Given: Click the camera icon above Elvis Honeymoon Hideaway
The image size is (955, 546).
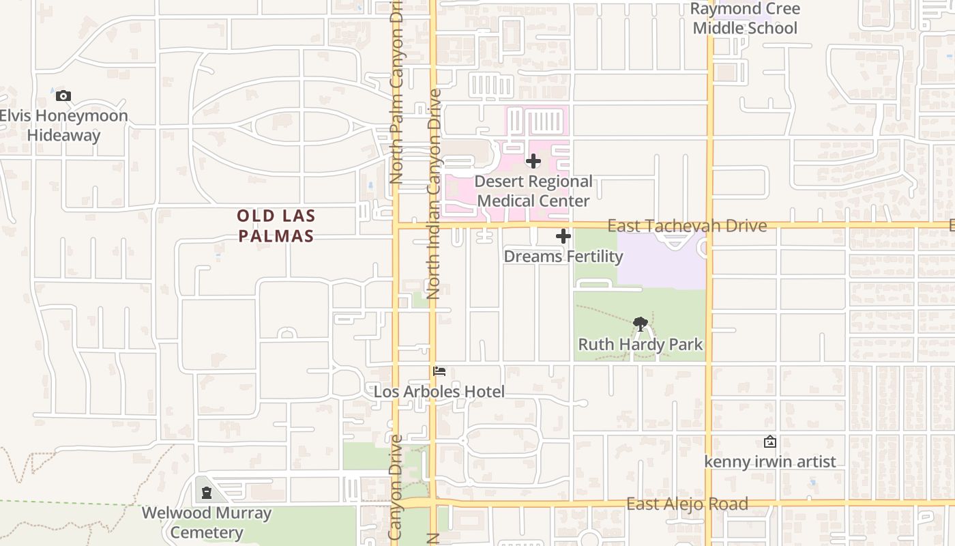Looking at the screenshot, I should coord(63,96).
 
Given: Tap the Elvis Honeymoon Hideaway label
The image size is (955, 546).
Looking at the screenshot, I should coord(63,126).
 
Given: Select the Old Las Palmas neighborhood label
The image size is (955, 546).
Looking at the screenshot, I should coord(276,226).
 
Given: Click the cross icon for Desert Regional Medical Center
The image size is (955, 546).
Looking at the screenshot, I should coord(533,162).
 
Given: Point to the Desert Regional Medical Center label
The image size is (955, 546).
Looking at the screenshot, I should coord(533,191).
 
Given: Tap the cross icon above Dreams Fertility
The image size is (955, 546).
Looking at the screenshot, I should coord(563,237).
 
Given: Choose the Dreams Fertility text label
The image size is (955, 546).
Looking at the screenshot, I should coord(563,257).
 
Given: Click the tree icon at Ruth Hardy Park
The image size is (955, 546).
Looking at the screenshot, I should coord(640,324).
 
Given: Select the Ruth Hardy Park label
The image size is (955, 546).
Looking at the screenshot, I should coord(640,345).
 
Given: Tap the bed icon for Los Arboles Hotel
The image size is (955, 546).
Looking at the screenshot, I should coord(439,371).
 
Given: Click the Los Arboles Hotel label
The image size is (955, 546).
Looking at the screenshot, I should coord(439,392).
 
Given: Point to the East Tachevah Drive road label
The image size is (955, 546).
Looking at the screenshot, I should coord(687,226).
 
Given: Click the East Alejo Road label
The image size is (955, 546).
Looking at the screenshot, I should coord(687,504).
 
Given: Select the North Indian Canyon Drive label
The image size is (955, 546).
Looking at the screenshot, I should coord(434,195).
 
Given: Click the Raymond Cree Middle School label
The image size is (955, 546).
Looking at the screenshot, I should coord(744,18).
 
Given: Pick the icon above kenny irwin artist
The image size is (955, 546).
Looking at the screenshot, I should coord(770,442).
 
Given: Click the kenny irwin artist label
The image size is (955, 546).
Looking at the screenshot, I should coord(770,462).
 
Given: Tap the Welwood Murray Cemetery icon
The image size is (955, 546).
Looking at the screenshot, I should coord(207,493).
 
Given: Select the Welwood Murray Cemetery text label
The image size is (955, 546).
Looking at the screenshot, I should coord(207,523).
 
